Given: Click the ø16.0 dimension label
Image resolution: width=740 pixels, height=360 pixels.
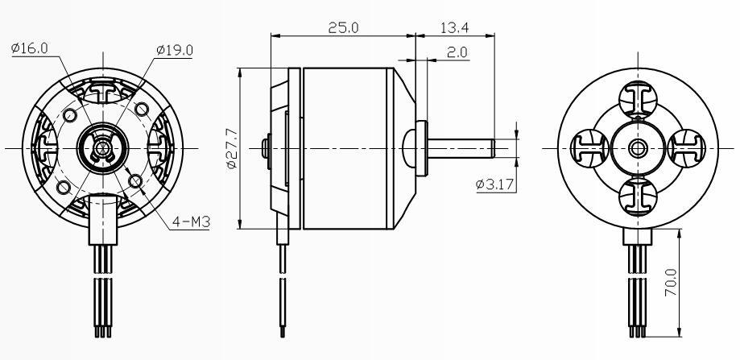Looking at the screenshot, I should [x=30, y=48].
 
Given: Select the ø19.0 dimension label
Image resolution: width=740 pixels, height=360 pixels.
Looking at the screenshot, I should [x=175, y=50].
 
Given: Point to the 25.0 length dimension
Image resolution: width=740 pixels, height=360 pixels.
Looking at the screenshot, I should [x=344, y=27].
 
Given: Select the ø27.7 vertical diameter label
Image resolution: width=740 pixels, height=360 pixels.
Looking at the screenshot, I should [x=231, y=147].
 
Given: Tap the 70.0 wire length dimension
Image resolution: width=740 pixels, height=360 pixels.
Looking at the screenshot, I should [x=671, y=283].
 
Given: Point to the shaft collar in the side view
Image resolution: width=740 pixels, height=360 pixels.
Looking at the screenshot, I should [x=420, y=147].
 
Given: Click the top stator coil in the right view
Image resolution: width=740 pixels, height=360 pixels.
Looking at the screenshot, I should [x=639, y=101].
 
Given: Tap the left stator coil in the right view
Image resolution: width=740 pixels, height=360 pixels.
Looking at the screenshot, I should [x=589, y=147].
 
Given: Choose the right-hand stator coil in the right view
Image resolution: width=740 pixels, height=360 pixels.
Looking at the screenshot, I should [x=685, y=147].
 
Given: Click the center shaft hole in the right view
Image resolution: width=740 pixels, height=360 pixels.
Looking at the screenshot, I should [x=639, y=147].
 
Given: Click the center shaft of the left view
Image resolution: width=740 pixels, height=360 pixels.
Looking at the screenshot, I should [x=102, y=147].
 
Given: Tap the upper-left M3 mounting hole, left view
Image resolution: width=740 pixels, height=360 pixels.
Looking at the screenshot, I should [x=70, y=114].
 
